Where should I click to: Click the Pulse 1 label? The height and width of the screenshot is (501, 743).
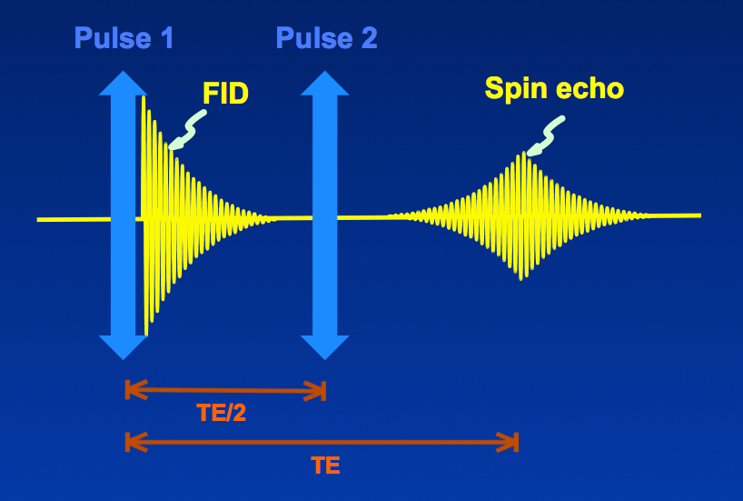(x=124, y=38)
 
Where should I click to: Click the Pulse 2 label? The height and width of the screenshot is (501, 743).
(x=326, y=38)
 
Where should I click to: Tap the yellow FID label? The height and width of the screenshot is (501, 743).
(x=225, y=93)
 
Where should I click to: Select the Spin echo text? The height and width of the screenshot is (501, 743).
(x=554, y=89)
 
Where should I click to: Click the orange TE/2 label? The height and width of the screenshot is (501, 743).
(x=222, y=413)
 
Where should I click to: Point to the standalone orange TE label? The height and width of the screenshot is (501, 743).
(x=326, y=466)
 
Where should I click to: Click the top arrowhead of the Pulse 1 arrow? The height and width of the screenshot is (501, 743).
(x=124, y=84)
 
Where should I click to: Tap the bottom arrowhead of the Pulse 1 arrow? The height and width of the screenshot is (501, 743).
(x=124, y=347)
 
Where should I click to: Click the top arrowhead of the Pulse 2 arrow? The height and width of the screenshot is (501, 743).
(x=325, y=84)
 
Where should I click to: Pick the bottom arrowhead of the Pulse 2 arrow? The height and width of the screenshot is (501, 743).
(x=325, y=347)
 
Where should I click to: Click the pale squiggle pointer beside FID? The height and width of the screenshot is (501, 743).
(x=188, y=130)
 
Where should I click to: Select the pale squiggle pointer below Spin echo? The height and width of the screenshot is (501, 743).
(x=546, y=136)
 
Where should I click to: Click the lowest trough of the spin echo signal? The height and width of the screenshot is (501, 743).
(x=521, y=278)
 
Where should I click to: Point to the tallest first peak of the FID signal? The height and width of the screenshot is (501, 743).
(x=144, y=98)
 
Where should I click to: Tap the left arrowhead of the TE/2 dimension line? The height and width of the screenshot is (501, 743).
(x=135, y=390)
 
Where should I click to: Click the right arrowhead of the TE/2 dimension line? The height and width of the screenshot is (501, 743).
(x=315, y=390)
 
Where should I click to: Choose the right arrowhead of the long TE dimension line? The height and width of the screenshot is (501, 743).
(x=508, y=442)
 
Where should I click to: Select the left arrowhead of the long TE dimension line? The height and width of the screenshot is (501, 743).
(x=135, y=442)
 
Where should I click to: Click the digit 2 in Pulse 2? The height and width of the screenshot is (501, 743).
(x=369, y=38)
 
